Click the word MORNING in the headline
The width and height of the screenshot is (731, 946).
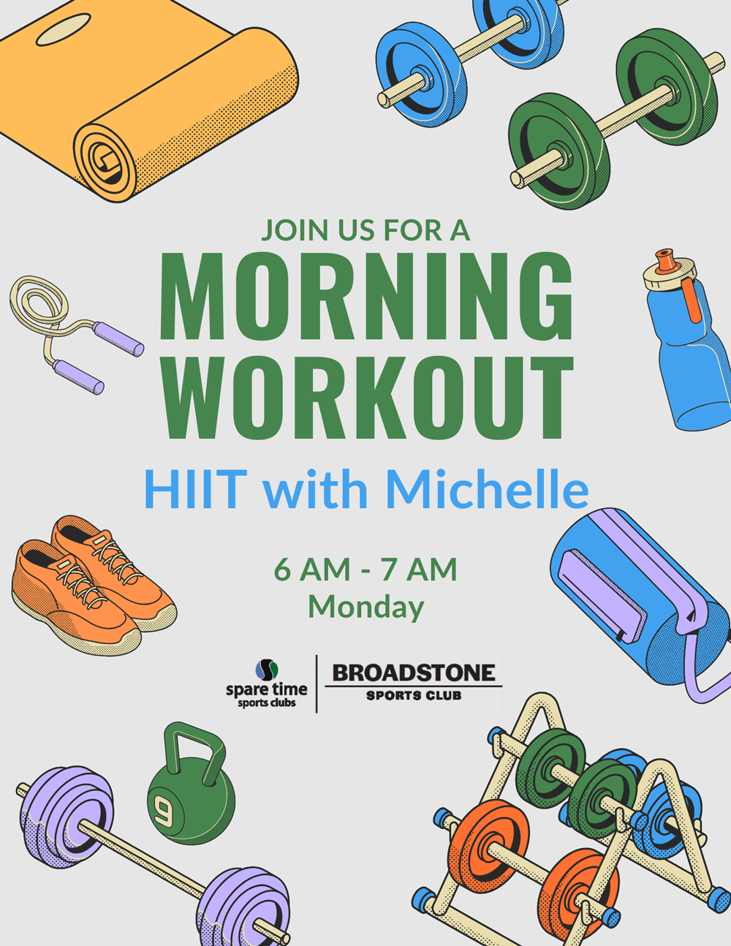pyautogui.click(x=366, y=296)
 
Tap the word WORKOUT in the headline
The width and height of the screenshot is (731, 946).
pyautogui.click(x=367, y=397)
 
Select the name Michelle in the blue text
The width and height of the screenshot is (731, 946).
pyautogui.click(x=488, y=488)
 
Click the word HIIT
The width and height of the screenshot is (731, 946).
pyautogui.click(x=196, y=489)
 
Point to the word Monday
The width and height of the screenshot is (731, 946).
pyautogui.click(x=366, y=608)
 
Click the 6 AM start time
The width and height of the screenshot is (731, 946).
pyautogui.click(x=312, y=569)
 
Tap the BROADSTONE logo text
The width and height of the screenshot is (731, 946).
pyautogui.click(x=414, y=673)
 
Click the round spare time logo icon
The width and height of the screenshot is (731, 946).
pyautogui.click(x=267, y=670)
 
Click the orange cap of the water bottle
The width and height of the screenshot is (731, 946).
pyautogui.click(x=664, y=260)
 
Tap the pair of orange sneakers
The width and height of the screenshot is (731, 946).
pyautogui.click(x=93, y=586)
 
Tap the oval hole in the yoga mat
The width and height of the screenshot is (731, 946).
pyautogui.click(x=64, y=29)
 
